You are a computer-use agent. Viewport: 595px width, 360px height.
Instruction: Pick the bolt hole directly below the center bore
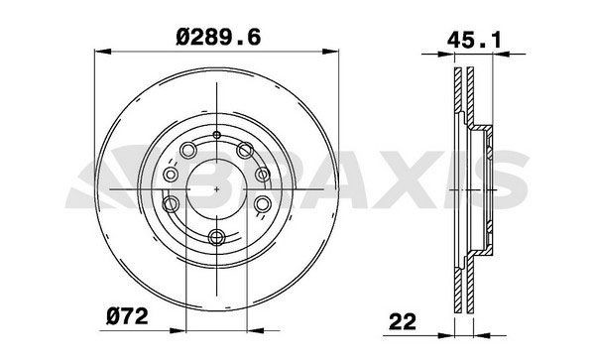[x=216, y=235]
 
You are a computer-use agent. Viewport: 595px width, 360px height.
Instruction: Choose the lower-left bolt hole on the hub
[x=172, y=205]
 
